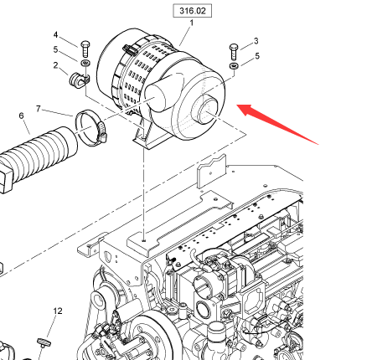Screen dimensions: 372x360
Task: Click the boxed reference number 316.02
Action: (192, 11)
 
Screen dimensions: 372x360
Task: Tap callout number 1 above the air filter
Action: (192, 23)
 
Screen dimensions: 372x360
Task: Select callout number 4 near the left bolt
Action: (55, 35)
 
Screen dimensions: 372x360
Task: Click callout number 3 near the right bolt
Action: (256, 41)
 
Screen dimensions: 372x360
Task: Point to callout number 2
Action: (55, 65)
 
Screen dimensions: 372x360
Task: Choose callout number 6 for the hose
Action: (22, 116)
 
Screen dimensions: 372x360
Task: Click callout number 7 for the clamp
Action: (39, 108)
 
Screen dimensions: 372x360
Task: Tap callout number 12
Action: (58, 311)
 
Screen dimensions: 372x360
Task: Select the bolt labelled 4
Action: (85, 49)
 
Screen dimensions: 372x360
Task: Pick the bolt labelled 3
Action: (235, 51)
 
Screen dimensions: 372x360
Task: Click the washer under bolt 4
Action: (85, 63)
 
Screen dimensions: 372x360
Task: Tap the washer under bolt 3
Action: (234, 66)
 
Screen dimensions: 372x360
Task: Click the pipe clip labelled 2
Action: (78, 80)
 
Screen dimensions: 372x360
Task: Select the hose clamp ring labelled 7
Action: (90, 127)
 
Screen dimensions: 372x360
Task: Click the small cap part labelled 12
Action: (44, 342)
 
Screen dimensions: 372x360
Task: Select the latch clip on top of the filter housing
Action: (130, 49)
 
